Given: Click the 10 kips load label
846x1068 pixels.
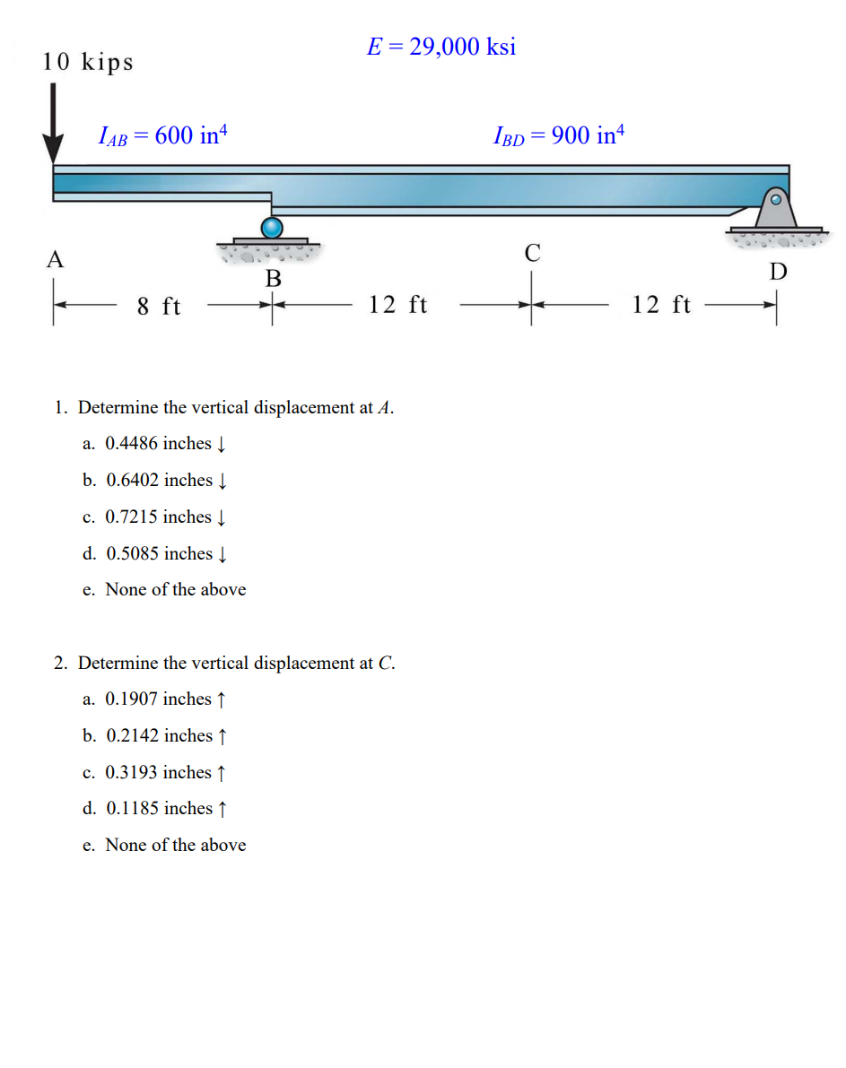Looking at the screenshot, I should click(88, 62).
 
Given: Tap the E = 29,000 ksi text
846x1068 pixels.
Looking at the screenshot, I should click(441, 47).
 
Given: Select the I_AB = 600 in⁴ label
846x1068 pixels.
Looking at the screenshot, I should click(163, 136).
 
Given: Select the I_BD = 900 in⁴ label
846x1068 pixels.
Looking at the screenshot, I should click(558, 136).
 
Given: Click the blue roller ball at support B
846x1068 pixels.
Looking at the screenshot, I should click(272, 228).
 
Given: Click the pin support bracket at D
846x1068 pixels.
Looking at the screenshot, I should click(773, 211).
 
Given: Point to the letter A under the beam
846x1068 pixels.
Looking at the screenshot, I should click(56, 260).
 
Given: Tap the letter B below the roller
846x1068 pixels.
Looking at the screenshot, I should click(273, 280).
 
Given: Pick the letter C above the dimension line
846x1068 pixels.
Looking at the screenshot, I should click(532, 254).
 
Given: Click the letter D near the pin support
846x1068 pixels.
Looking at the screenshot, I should click(778, 272).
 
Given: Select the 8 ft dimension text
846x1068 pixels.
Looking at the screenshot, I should click(159, 307).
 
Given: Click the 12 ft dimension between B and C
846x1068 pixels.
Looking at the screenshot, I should click(398, 306).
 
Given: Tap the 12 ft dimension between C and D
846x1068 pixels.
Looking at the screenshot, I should click(661, 306).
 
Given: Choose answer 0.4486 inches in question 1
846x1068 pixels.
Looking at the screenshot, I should click(158, 444).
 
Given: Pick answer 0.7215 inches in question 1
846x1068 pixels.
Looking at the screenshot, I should click(158, 517).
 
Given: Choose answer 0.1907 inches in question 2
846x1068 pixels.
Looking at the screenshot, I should click(158, 699).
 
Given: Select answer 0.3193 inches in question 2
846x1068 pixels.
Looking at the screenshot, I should click(158, 772).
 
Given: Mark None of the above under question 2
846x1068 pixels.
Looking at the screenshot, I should click(175, 845).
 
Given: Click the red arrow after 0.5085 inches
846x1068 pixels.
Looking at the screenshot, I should click(222, 554).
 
